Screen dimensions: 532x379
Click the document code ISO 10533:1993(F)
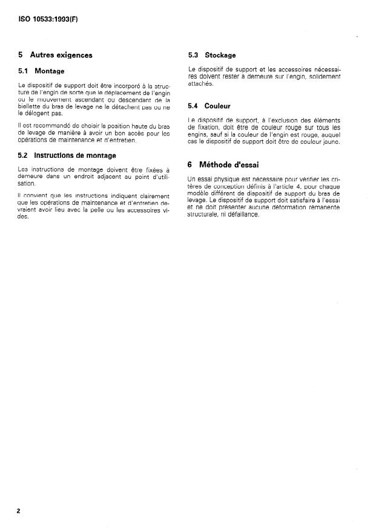(x=48, y=19)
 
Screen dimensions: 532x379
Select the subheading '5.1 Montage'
(x=41, y=71)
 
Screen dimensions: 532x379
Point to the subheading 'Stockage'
(x=220, y=55)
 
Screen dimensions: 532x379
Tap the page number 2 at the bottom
(x=18, y=511)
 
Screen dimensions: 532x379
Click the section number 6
(x=190, y=164)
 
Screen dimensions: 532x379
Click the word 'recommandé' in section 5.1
(x=52, y=125)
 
